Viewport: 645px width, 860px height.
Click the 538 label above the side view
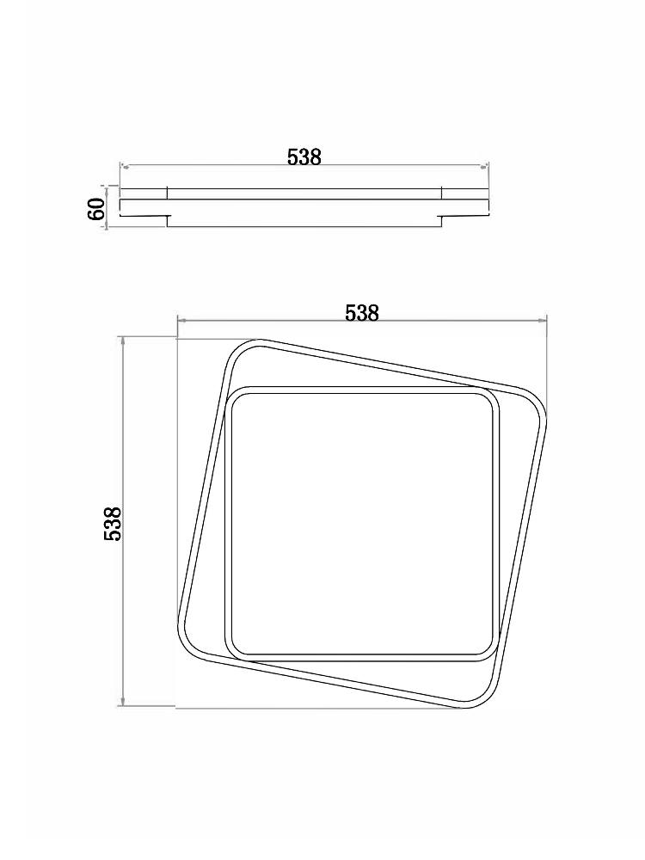point(304,157)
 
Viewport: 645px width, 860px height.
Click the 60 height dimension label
point(96,209)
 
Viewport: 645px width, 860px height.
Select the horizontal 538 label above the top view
point(361,313)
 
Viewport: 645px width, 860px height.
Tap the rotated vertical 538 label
point(112,523)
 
